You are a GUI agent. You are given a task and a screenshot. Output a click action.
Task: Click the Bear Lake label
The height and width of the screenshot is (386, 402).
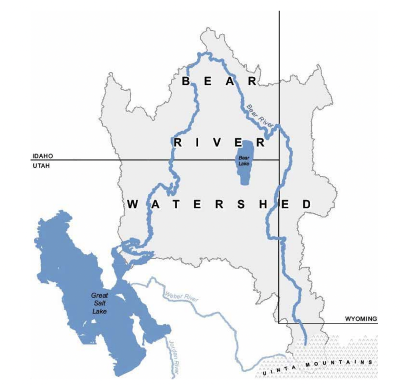(x=242, y=161)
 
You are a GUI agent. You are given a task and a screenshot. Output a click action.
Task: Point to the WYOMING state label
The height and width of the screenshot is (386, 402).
(x=361, y=318)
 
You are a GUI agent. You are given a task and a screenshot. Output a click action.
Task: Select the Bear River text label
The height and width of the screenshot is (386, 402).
(x=260, y=115)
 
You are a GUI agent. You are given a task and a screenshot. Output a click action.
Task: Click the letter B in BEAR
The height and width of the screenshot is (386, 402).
(x=186, y=81)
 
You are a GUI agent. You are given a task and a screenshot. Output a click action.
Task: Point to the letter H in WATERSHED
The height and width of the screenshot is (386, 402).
(x=262, y=204)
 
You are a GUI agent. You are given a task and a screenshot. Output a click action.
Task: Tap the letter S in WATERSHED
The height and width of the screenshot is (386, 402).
(x=241, y=204)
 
